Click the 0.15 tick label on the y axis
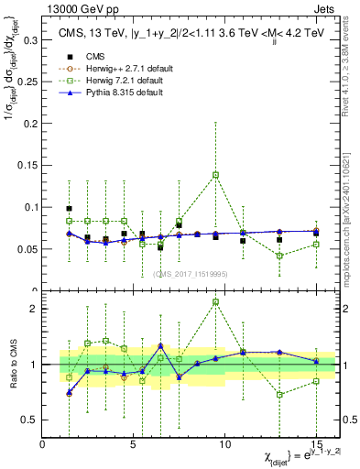point(27,165)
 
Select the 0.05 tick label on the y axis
point(27,248)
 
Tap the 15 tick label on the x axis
point(316,444)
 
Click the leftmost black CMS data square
point(70,209)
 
